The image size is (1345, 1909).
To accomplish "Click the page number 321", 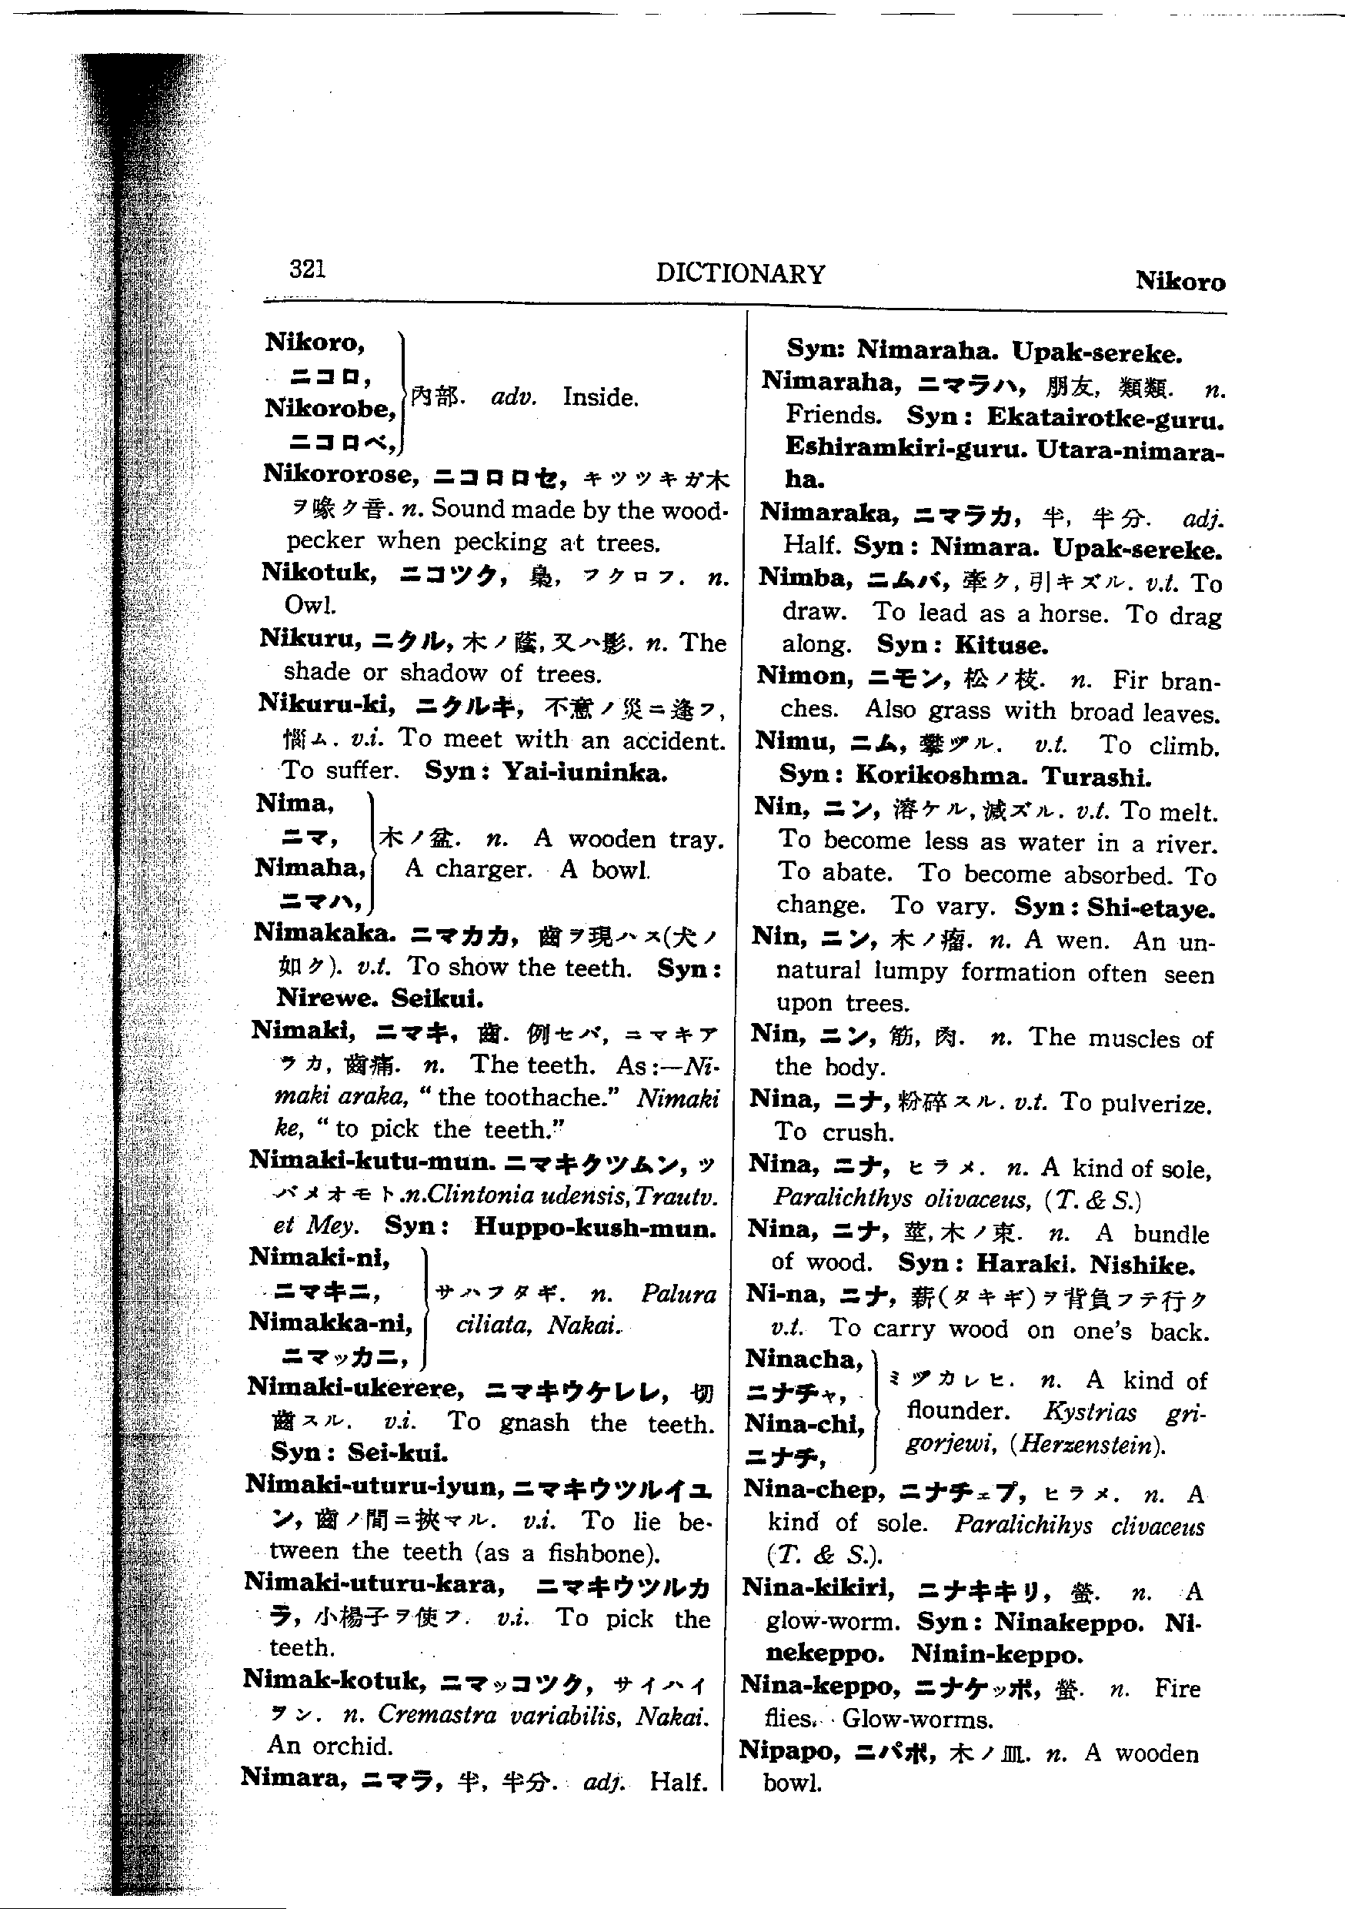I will [307, 269].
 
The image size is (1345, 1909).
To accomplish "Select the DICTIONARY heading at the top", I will [740, 273].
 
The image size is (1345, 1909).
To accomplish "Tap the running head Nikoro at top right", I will [1180, 282].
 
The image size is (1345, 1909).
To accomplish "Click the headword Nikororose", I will [339, 475].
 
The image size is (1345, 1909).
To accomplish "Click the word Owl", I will [309, 604].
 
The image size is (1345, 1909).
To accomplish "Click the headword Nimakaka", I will [324, 934].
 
